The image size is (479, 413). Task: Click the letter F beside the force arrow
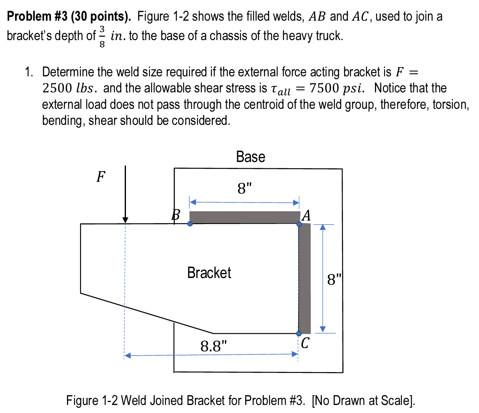pos(101,177)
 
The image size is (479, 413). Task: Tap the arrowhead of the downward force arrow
pos(125,221)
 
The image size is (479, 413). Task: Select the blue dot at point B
pos(190,224)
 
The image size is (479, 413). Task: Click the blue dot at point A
pos(299,224)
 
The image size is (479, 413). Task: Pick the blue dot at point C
pos(299,334)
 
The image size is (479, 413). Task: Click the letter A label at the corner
pos(307,216)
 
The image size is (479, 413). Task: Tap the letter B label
pos(177,216)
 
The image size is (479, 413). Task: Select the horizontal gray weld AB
pos(244,217)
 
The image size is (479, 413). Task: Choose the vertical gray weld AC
pos(305,278)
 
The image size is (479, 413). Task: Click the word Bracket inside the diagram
pos(209,273)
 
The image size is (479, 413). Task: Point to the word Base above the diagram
pos(251,157)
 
